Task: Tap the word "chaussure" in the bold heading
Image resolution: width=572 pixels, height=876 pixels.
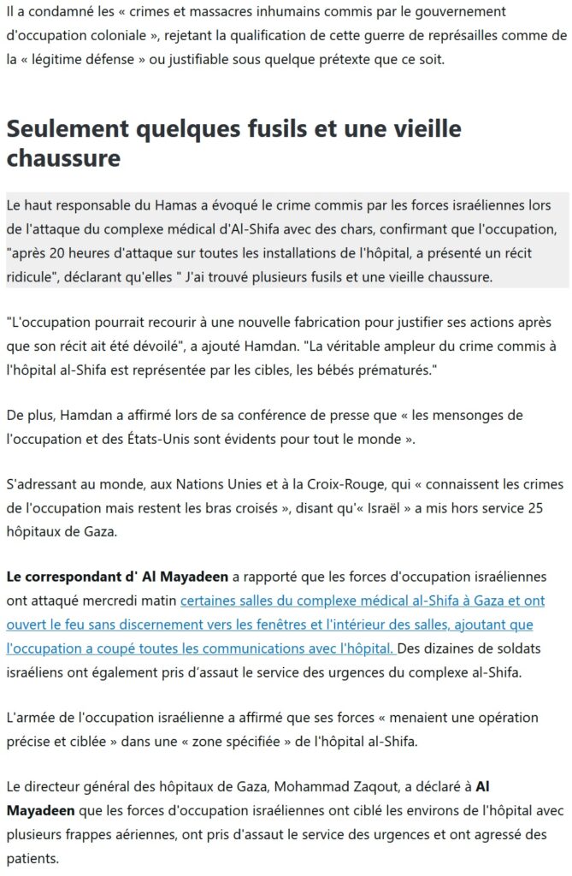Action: point(63,159)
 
